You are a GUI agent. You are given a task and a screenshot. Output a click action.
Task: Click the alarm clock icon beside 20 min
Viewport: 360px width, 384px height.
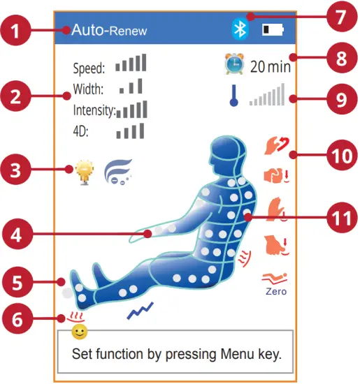pos(233,66)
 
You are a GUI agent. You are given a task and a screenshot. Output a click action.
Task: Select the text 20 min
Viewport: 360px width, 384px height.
pos(270,68)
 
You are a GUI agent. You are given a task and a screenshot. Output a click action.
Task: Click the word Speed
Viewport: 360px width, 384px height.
pos(89,68)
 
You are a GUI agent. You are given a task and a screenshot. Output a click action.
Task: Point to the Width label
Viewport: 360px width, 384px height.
pos(88,90)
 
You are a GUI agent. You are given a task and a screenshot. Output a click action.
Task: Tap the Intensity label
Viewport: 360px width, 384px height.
pos(93,110)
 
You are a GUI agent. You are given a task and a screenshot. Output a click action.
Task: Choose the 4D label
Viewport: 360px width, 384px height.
pos(82,131)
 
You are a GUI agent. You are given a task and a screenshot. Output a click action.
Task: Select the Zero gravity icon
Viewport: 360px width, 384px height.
pos(275,282)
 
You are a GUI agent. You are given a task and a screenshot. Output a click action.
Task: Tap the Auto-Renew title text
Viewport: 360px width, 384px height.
pos(108,31)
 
